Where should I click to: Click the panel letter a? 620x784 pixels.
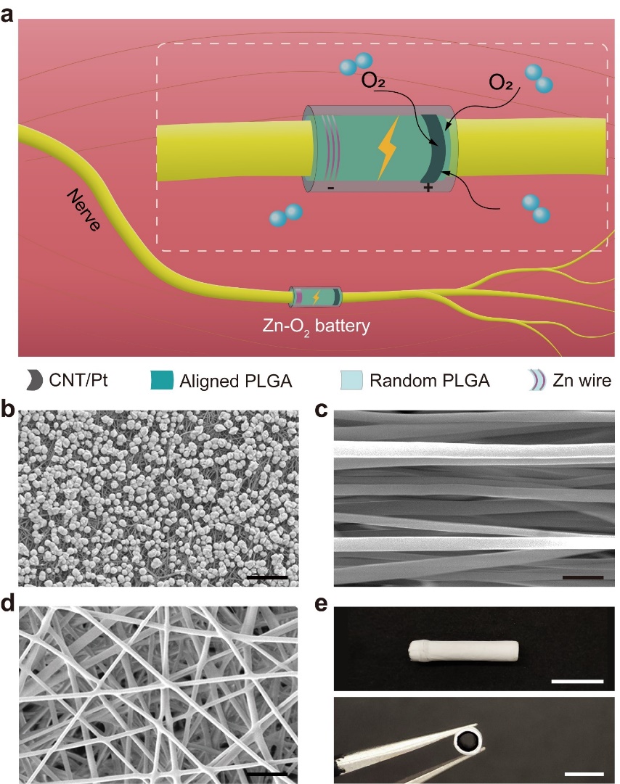(10, 13)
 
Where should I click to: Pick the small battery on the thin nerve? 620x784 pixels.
(317, 296)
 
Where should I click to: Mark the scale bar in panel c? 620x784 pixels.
(582, 578)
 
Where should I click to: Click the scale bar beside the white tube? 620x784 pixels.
(577, 681)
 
